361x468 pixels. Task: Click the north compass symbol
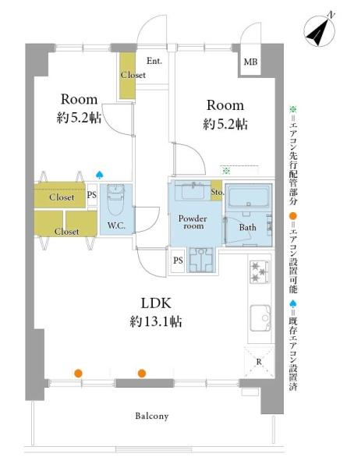click(x=319, y=30)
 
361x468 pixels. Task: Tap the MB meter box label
click(x=250, y=62)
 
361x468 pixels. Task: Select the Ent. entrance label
click(x=154, y=61)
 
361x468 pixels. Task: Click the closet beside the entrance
click(x=127, y=76)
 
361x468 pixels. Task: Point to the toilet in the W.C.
click(x=115, y=200)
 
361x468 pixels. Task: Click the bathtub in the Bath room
click(x=249, y=196)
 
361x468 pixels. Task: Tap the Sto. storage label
click(x=217, y=192)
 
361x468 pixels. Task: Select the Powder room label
click(x=193, y=222)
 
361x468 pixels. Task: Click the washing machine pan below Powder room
click(x=201, y=260)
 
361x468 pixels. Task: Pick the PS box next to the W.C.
click(x=92, y=195)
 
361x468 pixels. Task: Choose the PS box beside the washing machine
click(x=178, y=261)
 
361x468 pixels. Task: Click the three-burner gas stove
click(x=260, y=271)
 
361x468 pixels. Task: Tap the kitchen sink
click(x=260, y=318)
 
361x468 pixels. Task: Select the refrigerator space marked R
click(x=259, y=361)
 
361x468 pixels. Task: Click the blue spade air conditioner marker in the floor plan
click(x=99, y=174)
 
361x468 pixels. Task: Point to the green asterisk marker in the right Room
click(x=226, y=171)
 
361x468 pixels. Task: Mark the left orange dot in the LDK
click(x=78, y=373)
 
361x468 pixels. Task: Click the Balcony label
click(x=152, y=416)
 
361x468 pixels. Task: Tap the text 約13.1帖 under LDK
click(x=156, y=321)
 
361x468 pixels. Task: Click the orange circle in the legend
click(x=293, y=216)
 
